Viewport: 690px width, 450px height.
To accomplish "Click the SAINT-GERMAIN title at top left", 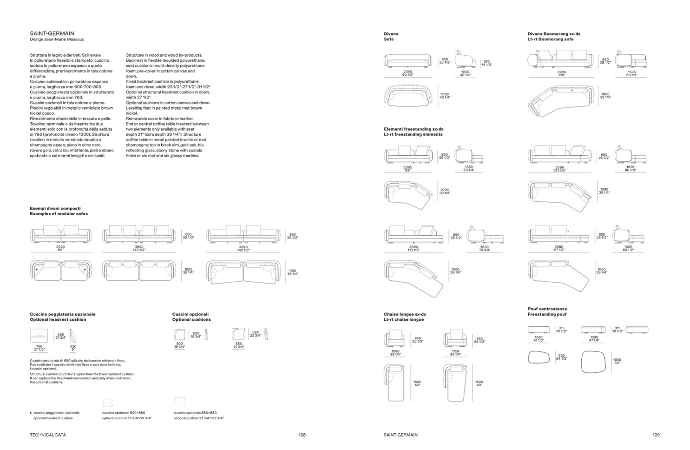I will pyautogui.click(x=52, y=33).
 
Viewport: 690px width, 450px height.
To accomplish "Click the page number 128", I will pyautogui.click(x=302, y=435).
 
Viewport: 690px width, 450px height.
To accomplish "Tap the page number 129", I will pyautogui.click(x=656, y=435).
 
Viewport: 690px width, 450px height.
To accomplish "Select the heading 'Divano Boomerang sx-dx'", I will pyautogui.click(x=554, y=34).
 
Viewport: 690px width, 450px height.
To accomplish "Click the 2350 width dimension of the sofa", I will pyautogui.click(x=407, y=72).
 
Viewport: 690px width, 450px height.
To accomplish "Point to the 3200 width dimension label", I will pyautogui.click(x=562, y=72).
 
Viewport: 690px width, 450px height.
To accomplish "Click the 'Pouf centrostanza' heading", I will pyautogui.click(x=547, y=309).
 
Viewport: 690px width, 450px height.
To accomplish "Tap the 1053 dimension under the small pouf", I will pyautogui.click(x=539, y=337).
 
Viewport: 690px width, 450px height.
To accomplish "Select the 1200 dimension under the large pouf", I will pyautogui.click(x=594, y=337).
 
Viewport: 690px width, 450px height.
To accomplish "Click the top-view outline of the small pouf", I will pyautogui.click(x=539, y=357).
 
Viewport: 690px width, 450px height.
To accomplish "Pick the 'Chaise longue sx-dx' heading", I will pyautogui.click(x=405, y=314).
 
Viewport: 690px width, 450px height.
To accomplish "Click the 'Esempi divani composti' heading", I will pyautogui.click(x=55, y=208).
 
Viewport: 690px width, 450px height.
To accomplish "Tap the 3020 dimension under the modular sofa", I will pyautogui.click(x=60, y=247).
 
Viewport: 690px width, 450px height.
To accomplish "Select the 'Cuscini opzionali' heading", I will pyautogui.click(x=191, y=314).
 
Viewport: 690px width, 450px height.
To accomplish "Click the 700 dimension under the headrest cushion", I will pyautogui.click(x=39, y=346).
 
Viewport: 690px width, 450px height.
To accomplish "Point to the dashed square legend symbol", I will pyautogui.click(x=107, y=402).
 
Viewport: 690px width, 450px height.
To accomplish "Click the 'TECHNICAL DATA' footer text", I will pyautogui.click(x=48, y=435).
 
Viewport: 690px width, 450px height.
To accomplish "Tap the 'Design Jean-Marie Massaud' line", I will pyautogui.click(x=57, y=40).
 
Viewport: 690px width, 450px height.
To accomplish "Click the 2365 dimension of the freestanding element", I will pyautogui.click(x=407, y=167).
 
